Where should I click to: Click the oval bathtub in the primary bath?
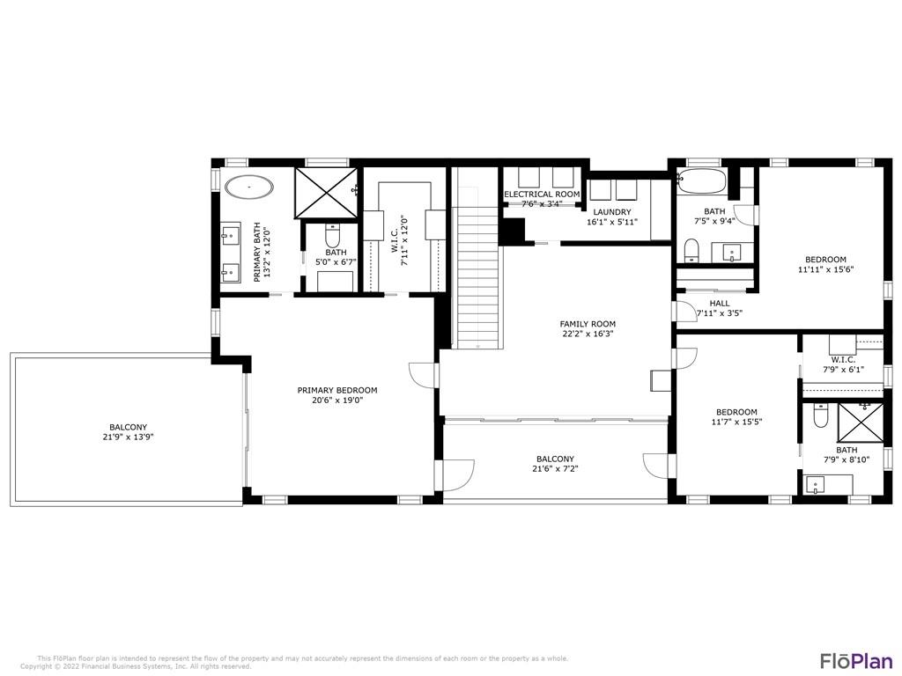(249, 187)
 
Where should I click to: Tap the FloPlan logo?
(856, 660)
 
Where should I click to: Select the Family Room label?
(588, 324)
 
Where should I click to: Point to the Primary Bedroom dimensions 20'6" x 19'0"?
(337, 400)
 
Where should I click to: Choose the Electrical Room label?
(542, 195)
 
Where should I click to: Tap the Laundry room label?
(612, 212)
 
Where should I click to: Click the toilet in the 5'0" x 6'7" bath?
(333, 234)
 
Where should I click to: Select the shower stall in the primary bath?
(326, 193)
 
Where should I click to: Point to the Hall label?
(720, 304)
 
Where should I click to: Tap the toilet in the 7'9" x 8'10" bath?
(821, 415)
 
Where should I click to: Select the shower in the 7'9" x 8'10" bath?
(861, 422)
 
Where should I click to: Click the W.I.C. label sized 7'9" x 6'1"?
(843, 360)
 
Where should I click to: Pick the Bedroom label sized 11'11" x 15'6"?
(825, 260)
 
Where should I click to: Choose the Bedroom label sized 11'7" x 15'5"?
(736, 412)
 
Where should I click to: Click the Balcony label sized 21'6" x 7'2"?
(555, 459)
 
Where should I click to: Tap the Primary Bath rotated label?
(257, 253)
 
